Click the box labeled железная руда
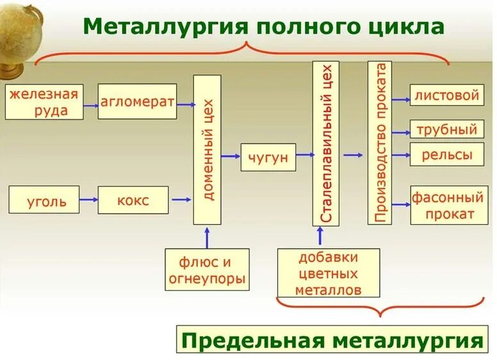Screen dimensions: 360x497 pos(45,102)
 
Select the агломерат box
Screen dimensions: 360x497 pos(137,101)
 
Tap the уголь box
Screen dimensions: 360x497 pos(44,200)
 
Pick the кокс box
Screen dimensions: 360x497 pos(133,200)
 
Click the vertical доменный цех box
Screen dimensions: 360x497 pos(207,149)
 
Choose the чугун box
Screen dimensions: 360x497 pos(268,157)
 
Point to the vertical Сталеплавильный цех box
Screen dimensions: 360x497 pos(326,143)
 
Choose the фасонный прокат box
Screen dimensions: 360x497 pos(444,205)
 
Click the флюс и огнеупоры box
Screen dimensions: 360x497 pos(207,269)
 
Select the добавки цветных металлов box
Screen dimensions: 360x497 pos(329,273)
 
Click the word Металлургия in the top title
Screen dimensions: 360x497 pos(165,27)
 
